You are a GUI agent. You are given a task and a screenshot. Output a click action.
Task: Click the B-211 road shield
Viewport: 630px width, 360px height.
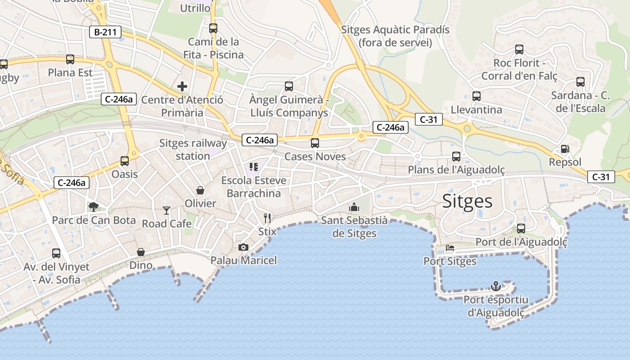[105, 32]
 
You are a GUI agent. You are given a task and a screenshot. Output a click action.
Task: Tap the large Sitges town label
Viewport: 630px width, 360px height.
[467, 201]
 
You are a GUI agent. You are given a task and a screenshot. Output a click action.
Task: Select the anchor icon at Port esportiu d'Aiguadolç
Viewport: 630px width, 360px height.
[495, 286]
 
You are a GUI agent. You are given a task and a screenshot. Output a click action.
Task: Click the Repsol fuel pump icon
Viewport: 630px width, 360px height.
[565, 149]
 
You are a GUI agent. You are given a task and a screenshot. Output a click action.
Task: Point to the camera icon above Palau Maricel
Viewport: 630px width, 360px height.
[243, 247]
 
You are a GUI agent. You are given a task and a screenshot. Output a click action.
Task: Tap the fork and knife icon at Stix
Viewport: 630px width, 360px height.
[267, 218]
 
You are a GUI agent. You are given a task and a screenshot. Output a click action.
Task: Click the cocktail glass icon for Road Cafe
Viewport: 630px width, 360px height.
[166, 210]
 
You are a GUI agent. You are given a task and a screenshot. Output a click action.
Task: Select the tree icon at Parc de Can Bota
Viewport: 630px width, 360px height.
[94, 207]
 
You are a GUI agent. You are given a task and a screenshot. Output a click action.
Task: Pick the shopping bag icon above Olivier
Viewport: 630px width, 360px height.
[200, 190]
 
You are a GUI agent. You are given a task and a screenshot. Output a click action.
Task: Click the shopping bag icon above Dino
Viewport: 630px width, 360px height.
[141, 252]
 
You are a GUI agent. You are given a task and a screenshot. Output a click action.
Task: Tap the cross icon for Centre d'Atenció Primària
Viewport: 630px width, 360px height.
[182, 86]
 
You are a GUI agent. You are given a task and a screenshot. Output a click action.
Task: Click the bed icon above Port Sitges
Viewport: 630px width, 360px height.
[450, 248]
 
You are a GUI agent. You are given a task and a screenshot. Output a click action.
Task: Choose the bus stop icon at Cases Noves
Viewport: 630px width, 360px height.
[315, 143]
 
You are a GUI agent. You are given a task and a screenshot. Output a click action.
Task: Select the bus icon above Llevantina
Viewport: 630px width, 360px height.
[476, 96]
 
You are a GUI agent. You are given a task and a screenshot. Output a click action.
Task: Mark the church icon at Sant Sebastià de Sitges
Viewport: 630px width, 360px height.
[354, 207]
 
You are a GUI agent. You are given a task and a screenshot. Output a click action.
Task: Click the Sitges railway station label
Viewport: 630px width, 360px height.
[193, 149]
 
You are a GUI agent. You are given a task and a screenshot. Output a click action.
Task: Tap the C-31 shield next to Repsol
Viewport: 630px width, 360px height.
[601, 177]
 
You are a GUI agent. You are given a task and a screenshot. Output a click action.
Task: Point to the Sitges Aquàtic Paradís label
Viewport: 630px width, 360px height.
[395, 36]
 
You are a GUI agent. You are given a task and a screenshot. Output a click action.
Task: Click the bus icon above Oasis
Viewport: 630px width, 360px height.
[125, 161]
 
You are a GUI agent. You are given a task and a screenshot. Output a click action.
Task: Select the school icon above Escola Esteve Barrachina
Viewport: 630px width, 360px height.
[254, 167]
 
